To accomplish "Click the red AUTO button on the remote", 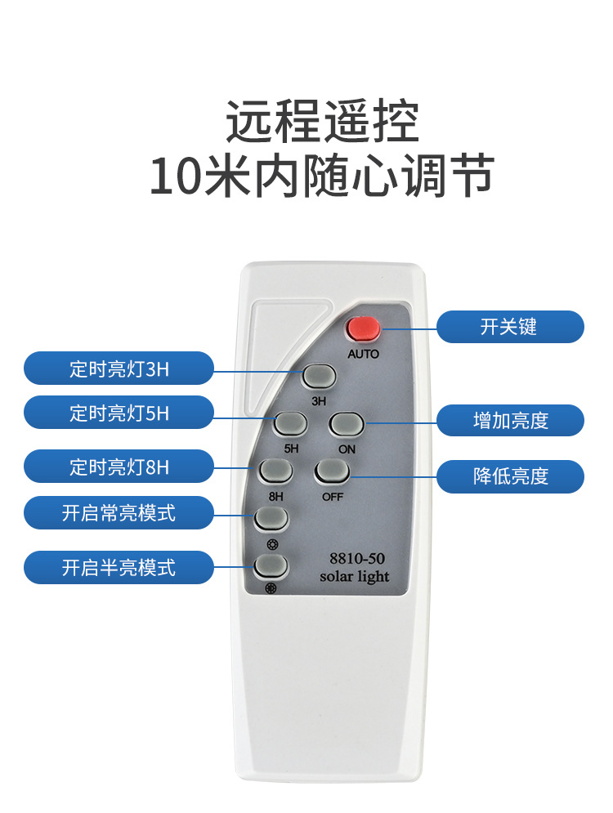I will click(x=363, y=328).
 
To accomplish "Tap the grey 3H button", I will click(x=319, y=376).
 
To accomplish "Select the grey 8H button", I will click(x=275, y=471).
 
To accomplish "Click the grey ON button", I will click(x=346, y=424).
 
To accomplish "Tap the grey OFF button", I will click(x=332, y=471).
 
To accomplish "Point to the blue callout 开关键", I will click(x=509, y=327).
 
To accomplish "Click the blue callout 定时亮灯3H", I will click(x=119, y=369).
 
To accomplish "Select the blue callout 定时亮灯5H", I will click(x=119, y=413).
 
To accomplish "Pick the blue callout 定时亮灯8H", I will click(x=119, y=467).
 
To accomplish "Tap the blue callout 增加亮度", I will click(x=509, y=420).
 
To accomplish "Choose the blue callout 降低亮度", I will click(x=509, y=476).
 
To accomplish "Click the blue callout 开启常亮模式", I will click(x=119, y=513).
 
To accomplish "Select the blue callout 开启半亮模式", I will click(x=119, y=567).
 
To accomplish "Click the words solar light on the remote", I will click(x=354, y=577).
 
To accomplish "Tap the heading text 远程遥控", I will click(x=322, y=123).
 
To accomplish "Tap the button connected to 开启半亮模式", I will click(x=271, y=566).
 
